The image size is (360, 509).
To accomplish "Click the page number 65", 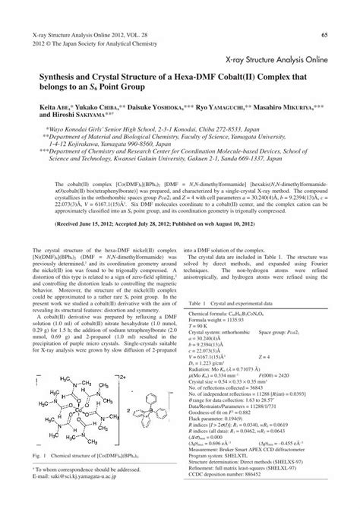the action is coord(324,34).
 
